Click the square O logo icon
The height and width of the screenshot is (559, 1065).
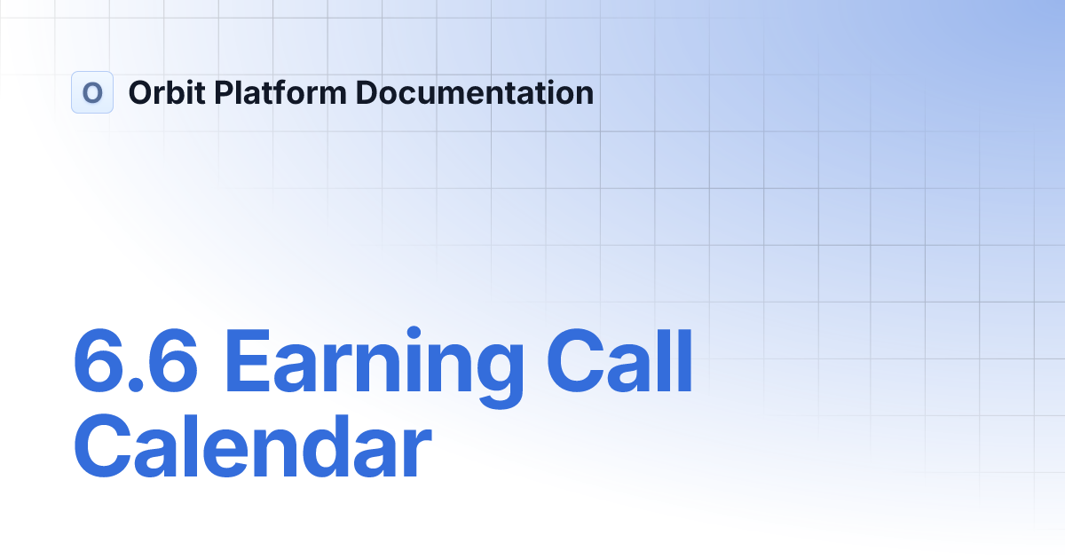click(92, 92)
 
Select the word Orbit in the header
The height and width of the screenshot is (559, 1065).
click(167, 92)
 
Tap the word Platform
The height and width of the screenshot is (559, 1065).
click(280, 92)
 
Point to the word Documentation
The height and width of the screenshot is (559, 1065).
click(475, 92)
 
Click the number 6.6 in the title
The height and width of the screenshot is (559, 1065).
click(136, 360)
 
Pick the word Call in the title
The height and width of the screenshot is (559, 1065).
click(619, 360)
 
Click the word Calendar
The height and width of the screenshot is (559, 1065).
click(252, 445)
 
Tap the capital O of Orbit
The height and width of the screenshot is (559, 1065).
click(144, 92)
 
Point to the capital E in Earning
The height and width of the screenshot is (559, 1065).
click(248, 360)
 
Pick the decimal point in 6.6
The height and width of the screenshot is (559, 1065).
click(136, 385)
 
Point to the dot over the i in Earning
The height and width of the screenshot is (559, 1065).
click(414, 333)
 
